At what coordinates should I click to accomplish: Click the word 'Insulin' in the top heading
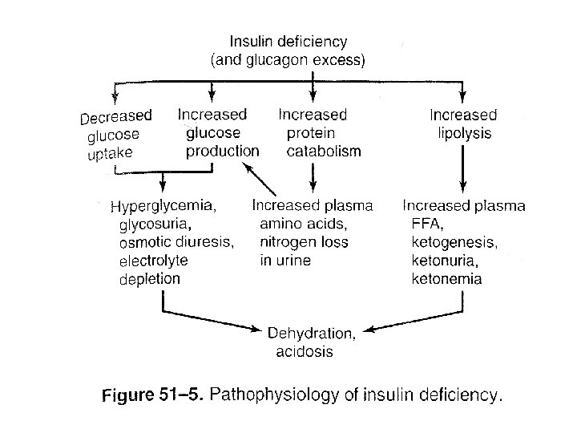[x=252, y=41]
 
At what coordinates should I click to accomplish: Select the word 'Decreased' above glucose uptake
[x=116, y=117]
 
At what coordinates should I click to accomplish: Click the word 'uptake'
[x=110, y=153]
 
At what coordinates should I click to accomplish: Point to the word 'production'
[x=222, y=152]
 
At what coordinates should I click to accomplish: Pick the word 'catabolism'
[x=324, y=152]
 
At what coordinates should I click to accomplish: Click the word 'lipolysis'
[x=464, y=133]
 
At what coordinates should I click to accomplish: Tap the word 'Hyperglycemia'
[x=162, y=206]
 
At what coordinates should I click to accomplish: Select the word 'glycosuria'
[x=153, y=224]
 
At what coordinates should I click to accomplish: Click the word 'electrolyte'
[x=153, y=261]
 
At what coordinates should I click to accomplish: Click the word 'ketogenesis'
[x=453, y=243]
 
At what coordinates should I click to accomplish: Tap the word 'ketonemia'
[x=446, y=279]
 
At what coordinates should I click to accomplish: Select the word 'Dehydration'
[x=310, y=334]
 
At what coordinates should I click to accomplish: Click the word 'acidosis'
[x=305, y=352]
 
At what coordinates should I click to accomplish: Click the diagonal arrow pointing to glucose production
[x=259, y=179]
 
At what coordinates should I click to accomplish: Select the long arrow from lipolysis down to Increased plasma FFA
[x=463, y=169]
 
